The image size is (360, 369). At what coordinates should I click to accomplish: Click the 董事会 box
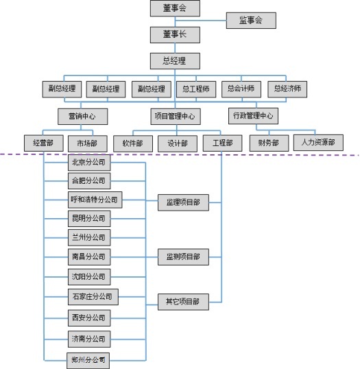click(x=175, y=8)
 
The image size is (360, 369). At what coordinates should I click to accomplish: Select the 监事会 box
click(x=251, y=21)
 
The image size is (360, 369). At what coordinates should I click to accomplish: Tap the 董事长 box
click(x=175, y=35)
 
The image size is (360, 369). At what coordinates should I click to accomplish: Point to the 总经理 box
click(x=175, y=61)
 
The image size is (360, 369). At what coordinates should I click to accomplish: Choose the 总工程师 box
click(x=196, y=89)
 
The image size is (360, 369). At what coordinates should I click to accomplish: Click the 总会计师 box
click(x=241, y=89)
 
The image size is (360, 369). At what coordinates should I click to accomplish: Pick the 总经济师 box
click(x=287, y=89)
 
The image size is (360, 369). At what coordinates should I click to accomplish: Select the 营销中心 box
click(x=83, y=117)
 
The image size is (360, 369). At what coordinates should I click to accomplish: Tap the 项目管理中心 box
click(x=176, y=117)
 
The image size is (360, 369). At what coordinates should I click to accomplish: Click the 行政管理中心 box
click(x=253, y=116)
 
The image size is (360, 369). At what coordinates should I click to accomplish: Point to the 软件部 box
click(x=133, y=143)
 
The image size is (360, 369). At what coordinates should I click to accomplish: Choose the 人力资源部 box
click(x=318, y=143)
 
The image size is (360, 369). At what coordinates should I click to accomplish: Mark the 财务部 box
click(x=269, y=143)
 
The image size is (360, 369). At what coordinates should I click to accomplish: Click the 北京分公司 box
click(x=89, y=163)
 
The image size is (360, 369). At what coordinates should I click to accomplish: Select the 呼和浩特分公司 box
click(x=95, y=200)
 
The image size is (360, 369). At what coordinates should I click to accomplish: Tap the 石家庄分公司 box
click(x=93, y=297)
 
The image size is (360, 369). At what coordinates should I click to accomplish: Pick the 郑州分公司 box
click(x=88, y=360)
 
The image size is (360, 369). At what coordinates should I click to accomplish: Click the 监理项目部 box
click(x=183, y=202)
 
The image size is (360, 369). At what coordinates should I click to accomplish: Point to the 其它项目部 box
click(x=183, y=302)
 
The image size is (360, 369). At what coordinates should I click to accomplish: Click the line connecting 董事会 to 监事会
click(x=201, y=21)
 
